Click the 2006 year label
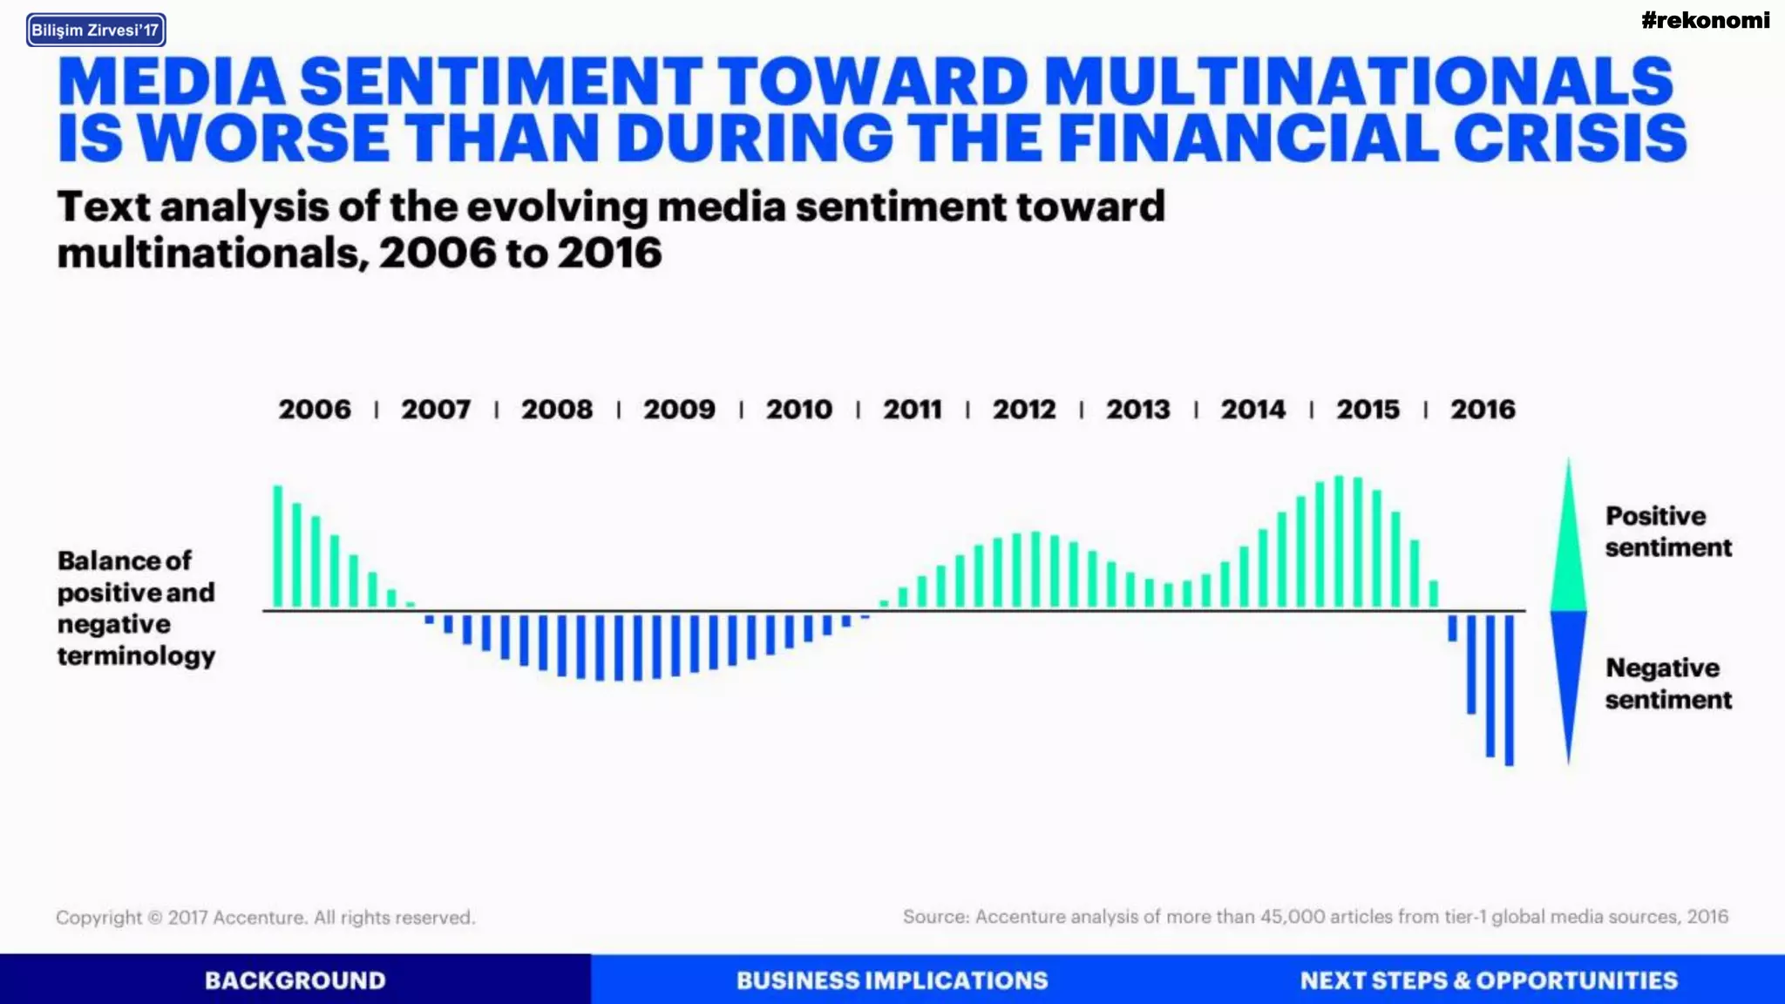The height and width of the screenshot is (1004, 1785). click(314, 409)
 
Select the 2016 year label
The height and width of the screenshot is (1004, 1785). click(1483, 409)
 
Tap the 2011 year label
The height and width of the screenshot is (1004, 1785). click(912, 409)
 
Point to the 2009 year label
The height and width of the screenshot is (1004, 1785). click(679, 409)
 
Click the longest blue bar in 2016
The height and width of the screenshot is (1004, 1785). click(1509, 689)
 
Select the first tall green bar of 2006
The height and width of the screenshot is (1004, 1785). click(278, 546)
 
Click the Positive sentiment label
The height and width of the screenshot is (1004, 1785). click(1667, 532)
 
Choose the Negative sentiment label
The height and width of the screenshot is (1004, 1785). click(1667, 683)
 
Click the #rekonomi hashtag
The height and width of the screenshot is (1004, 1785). click(1705, 20)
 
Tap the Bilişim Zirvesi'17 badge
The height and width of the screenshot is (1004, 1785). click(96, 31)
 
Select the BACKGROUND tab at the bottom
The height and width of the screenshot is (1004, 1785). click(295, 980)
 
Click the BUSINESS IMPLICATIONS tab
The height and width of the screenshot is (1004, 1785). click(892, 980)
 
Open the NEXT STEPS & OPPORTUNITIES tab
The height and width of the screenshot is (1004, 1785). click(1488, 980)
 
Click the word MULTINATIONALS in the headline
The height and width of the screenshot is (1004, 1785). click(1357, 81)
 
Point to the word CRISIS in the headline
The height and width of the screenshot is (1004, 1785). click(1569, 138)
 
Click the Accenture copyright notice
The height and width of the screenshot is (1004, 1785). click(265, 917)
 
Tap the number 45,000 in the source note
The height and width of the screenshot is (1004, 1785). click(1292, 916)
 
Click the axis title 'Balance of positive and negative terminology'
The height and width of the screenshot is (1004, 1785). click(136, 607)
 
